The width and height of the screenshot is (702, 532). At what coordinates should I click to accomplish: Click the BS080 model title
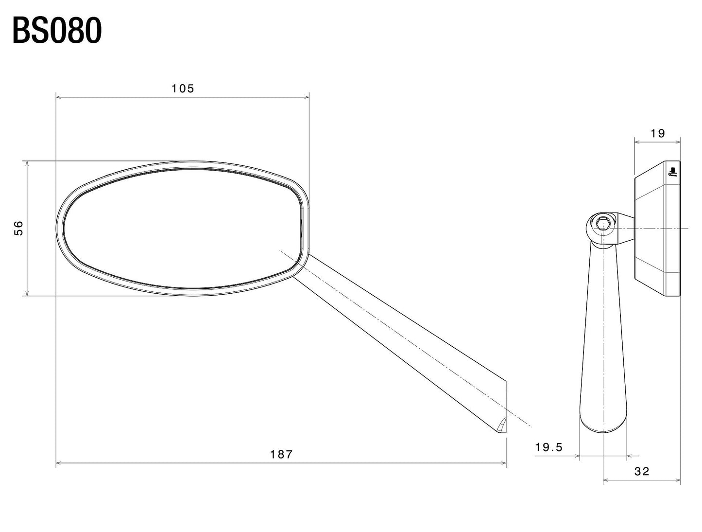[57, 31]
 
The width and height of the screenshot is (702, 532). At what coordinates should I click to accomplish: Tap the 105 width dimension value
[183, 89]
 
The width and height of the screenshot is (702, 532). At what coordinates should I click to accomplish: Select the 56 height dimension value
[19, 228]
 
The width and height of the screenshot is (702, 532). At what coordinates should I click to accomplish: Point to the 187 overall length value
[281, 454]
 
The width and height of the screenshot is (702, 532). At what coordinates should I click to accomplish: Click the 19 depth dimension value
[657, 133]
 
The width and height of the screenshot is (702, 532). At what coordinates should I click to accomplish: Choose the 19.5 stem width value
[549, 447]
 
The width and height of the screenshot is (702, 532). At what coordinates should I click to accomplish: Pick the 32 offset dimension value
[642, 472]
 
